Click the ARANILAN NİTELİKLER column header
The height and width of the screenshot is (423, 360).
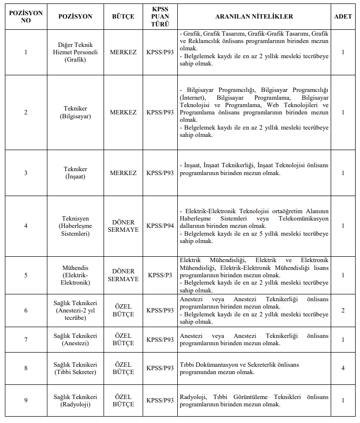[254, 16]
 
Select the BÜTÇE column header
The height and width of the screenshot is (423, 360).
[123, 16]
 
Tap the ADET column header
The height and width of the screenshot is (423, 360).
[343, 16]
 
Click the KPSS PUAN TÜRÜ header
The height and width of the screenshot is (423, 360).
[160, 16]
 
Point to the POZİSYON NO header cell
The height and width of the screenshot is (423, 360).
[26, 16]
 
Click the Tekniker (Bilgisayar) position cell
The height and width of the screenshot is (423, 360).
[75, 112]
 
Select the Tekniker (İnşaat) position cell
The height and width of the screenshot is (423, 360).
[75, 173]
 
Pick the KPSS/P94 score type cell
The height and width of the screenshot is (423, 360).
[160, 225]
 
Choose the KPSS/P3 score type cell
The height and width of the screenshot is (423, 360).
[160, 275]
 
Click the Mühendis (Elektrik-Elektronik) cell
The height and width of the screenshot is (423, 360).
[75, 275]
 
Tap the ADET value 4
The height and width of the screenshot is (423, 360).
[343, 368]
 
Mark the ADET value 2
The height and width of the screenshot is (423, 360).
[343, 311]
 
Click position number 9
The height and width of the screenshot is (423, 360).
[26, 401]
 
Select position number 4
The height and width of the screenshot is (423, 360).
[26, 225]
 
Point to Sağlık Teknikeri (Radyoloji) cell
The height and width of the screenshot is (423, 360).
[75, 401]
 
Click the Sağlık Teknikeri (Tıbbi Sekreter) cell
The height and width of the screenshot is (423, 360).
[75, 368]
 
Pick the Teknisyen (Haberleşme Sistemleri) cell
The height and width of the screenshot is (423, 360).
[75, 225]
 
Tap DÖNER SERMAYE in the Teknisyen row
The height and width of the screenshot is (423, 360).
[123, 225]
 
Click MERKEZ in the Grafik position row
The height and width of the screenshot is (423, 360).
[123, 52]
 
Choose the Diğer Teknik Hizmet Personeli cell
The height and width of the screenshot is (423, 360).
[75, 52]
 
